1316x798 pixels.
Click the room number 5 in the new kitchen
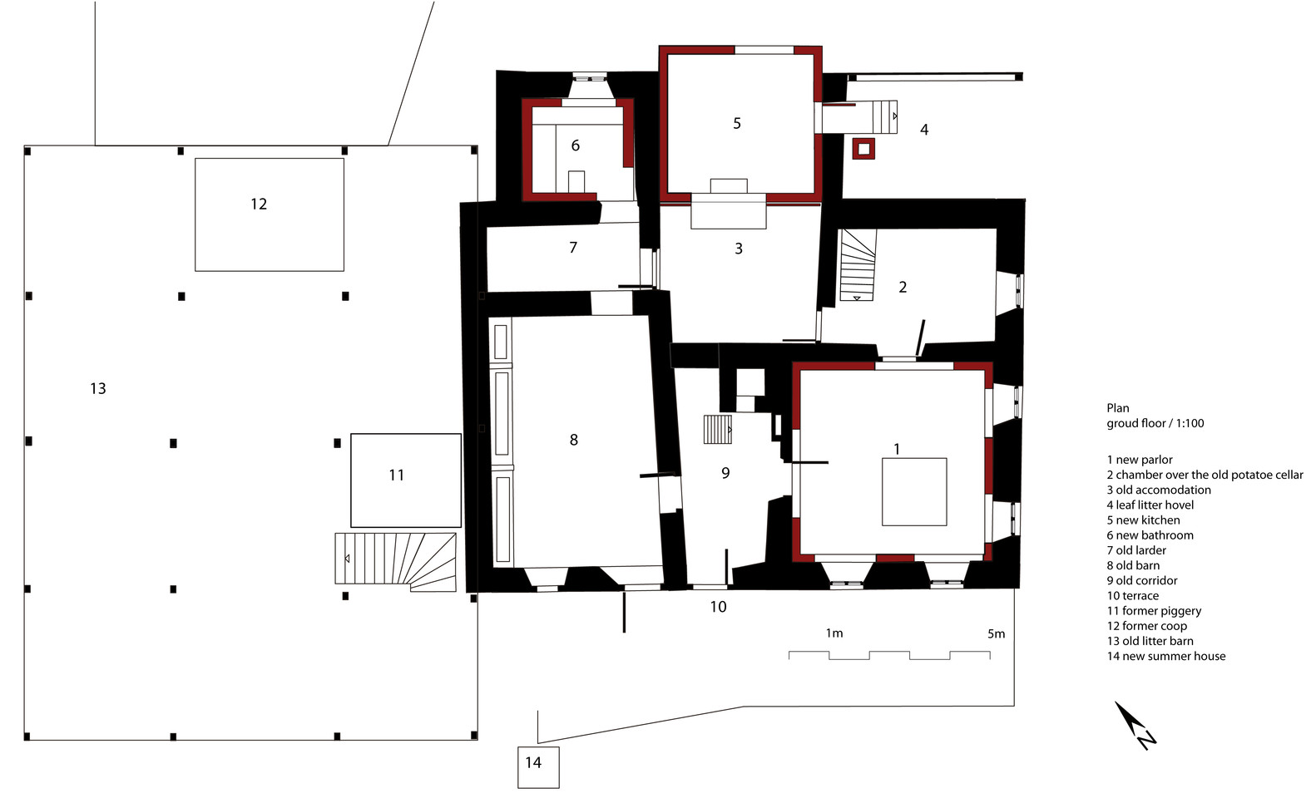pyautogui.click(x=737, y=123)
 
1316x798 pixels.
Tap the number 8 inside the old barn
pyautogui.click(x=573, y=440)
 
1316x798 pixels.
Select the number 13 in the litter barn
pyautogui.click(x=97, y=389)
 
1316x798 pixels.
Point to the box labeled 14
pyautogui.click(x=538, y=767)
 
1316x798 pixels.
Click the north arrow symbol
pyautogui.click(x=1135, y=726)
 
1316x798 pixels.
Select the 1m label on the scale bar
pyautogui.click(x=834, y=633)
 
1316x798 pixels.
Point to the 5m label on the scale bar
pyautogui.click(x=996, y=633)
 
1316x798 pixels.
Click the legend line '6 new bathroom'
pyautogui.click(x=1150, y=535)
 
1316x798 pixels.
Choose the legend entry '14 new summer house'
pyautogui.click(x=1166, y=656)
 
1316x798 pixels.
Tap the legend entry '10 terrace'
pyautogui.click(x=1133, y=595)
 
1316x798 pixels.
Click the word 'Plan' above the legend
pyautogui.click(x=1118, y=408)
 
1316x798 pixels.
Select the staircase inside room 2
pyautogui.click(x=858, y=265)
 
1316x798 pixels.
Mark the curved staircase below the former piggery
pyautogui.click(x=395, y=562)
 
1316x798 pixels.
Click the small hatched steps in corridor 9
pyautogui.click(x=718, y=429)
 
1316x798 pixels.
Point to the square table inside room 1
pyautogui.click(x=914, y=492)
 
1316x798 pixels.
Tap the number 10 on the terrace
pyautogui.click(x=718, y=607)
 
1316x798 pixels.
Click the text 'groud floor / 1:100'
pyautogui.click(x=1155, y=423)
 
